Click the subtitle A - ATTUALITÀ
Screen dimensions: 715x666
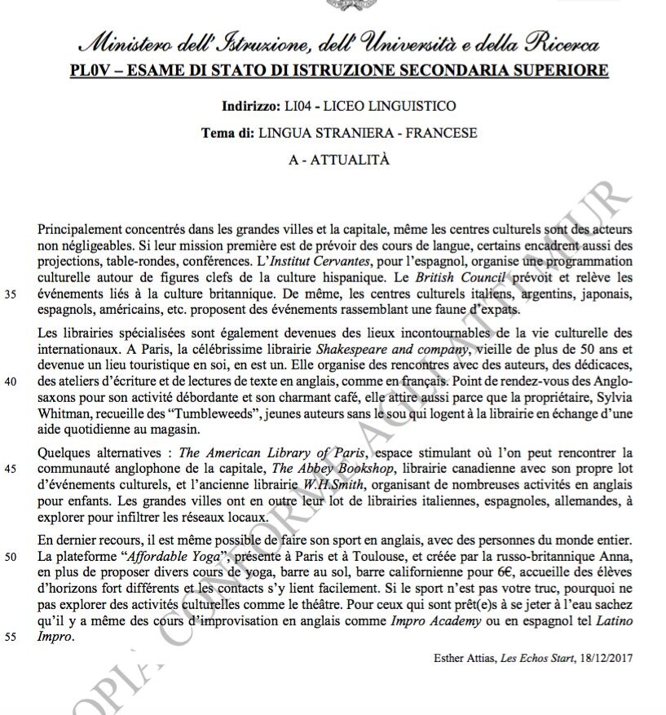[x=338, y=160]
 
